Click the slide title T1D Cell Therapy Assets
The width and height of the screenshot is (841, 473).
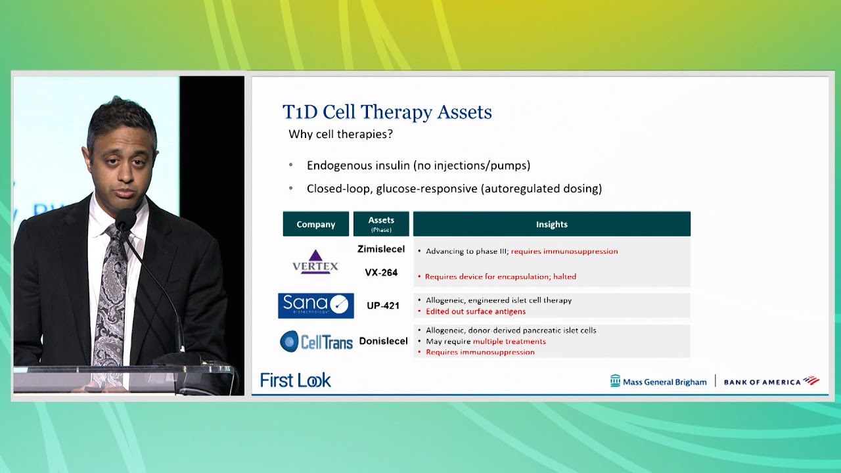387,112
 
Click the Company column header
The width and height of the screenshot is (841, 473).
316,224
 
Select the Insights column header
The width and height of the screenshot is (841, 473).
551,224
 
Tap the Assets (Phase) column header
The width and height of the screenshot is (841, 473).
381,224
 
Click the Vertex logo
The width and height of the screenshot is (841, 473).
315,262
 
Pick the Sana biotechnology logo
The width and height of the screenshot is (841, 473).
316,305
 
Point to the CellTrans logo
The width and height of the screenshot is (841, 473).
317,341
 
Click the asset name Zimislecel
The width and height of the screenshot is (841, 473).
381,249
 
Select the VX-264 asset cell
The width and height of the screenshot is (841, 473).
381,273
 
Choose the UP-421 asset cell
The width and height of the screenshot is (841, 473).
383,305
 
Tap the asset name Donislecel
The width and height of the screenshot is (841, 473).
383,341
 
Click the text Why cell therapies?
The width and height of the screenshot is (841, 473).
340,134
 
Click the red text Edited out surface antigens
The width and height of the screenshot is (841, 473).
476,311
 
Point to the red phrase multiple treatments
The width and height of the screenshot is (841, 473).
509,341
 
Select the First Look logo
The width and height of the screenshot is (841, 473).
296,380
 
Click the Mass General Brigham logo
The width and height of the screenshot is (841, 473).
658,382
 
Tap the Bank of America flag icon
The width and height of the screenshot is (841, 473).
811,380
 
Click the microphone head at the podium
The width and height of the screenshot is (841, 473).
125,219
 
